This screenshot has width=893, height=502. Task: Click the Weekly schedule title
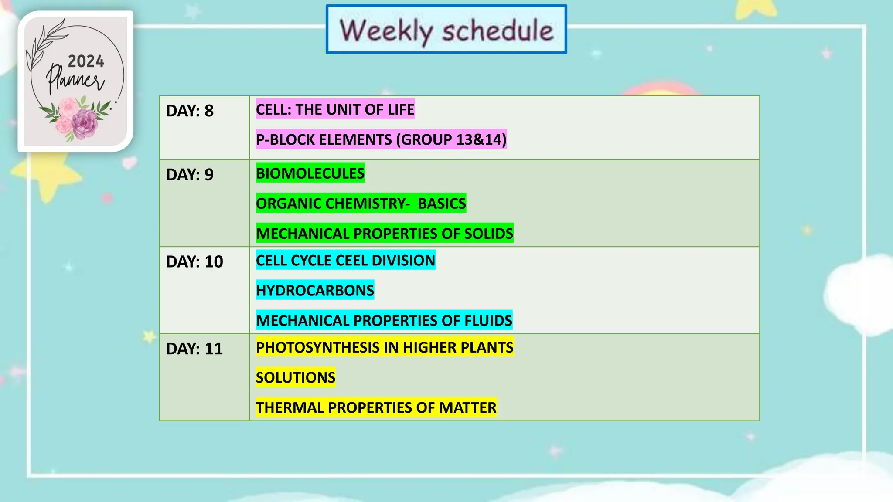tap(446, 30)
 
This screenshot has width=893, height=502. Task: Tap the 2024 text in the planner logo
tap(86, 61)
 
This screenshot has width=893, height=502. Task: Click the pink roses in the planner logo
tap(76, 119)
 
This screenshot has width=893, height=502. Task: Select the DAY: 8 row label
tap(190, 111)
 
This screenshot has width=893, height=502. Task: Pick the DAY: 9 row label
tap(190, 175)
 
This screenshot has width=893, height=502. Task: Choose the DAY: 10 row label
tap(194, 261)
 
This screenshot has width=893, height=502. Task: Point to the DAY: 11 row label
tap(194, 349)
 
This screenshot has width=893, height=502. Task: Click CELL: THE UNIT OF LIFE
tap(335, 109)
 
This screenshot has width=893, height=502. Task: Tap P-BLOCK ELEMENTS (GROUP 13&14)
tap(381, 139)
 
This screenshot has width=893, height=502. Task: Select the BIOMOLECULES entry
tap(310, 173)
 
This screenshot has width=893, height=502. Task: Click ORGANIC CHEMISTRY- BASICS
tap(361, 203)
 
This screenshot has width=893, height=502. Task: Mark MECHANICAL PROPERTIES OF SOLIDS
tap(385, 233)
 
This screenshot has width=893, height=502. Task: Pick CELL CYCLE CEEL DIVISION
tap(345, 260)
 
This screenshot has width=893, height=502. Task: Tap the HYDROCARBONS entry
tap(315, 290)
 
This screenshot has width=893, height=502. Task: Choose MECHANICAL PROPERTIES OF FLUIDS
tap(384, 320)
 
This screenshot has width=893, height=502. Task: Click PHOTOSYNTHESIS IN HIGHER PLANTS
tap(385, 347)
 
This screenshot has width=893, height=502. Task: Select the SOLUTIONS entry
tap(296, 377)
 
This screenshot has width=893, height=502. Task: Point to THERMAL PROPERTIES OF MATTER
tap(376, 407)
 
